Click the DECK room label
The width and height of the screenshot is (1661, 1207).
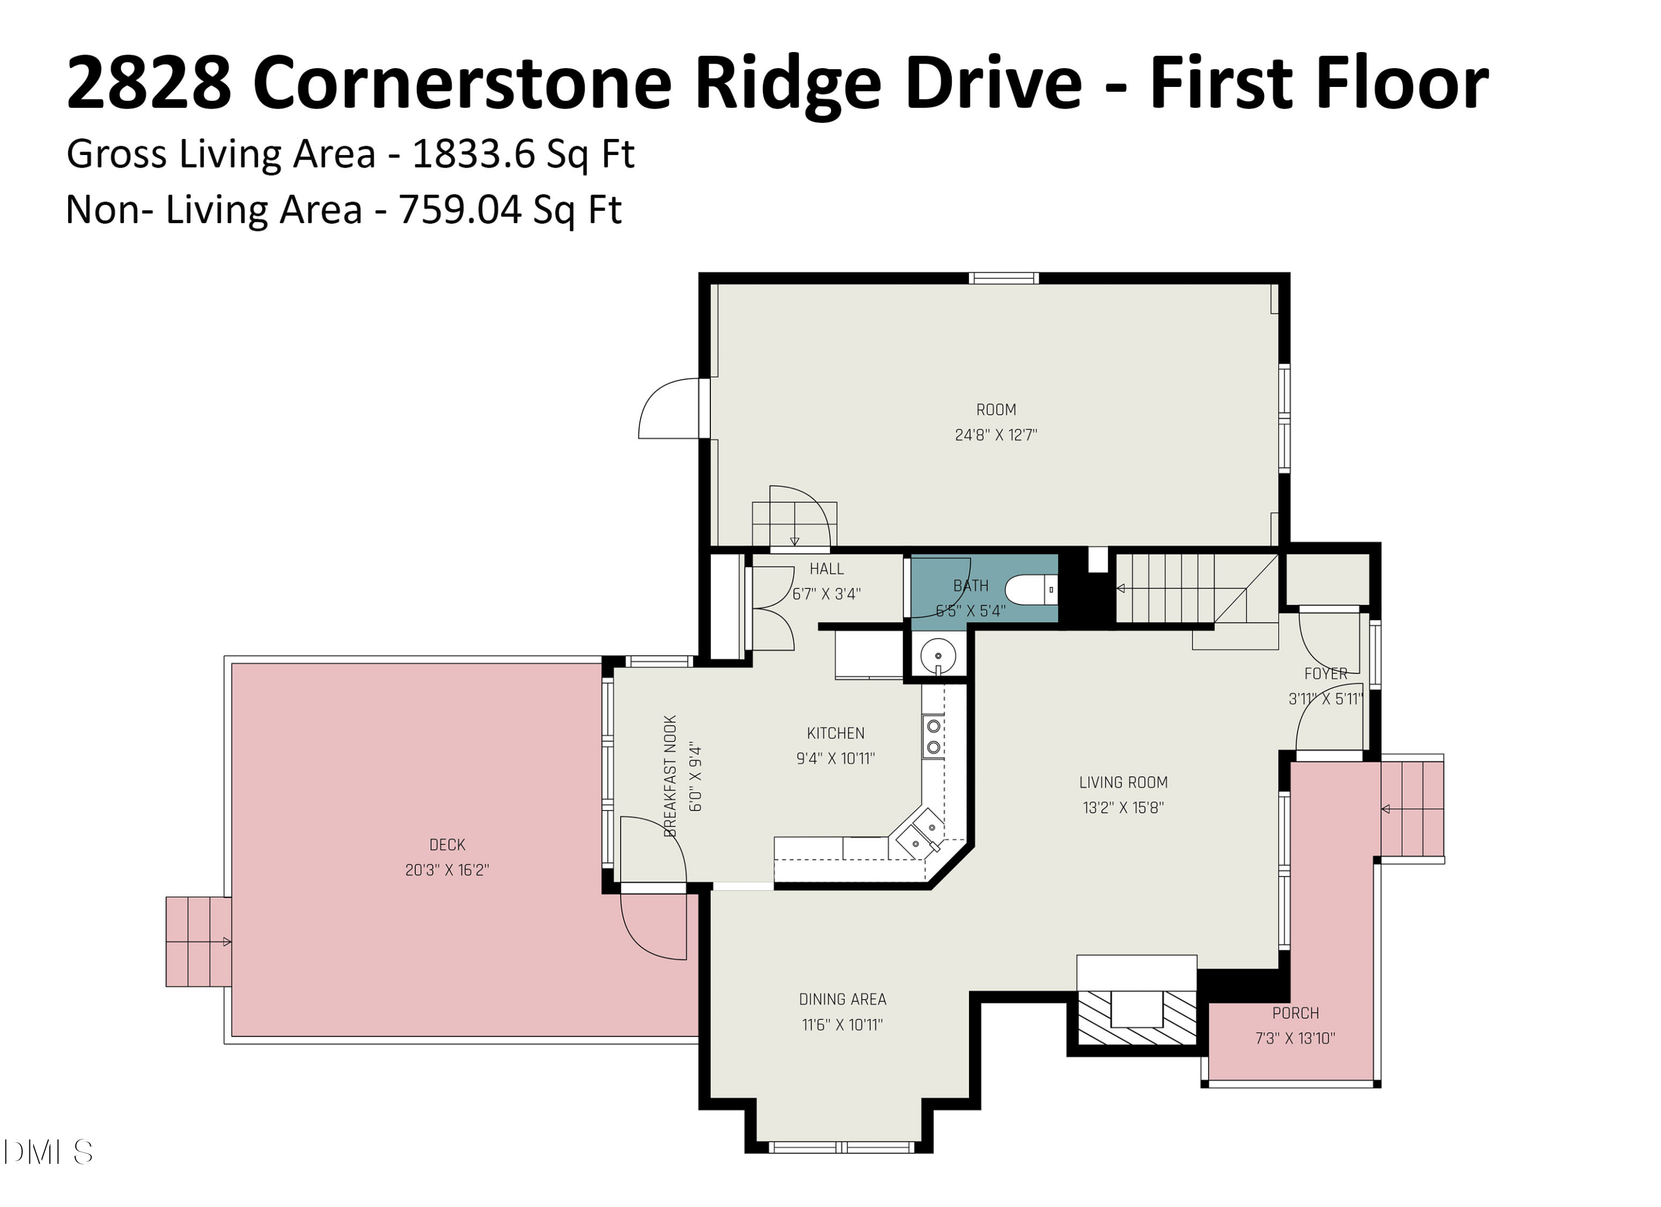coord(447,844)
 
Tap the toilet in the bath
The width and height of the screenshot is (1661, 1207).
coord(1031,589)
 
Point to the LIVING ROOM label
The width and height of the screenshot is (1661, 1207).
coord(1123,782)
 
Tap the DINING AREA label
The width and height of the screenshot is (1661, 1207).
coord(842,999)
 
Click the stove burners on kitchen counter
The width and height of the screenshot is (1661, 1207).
coord(933,736)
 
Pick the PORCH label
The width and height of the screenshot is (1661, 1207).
coord(1295,1013)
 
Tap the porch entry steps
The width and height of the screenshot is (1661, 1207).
coord(1411,808)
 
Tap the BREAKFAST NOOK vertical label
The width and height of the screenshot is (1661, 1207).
coord(670,776)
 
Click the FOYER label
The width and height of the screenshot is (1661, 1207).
coord(1325,673)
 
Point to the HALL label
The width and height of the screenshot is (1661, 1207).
coord(826,569)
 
